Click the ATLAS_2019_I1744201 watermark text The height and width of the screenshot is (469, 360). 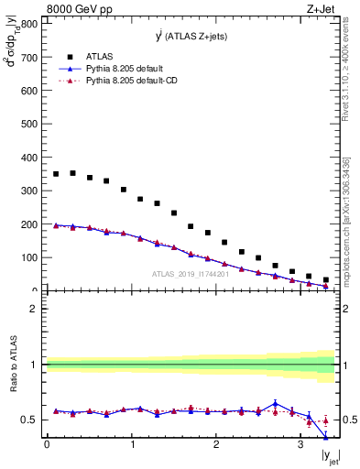pyautogui.click(x=191, y=274)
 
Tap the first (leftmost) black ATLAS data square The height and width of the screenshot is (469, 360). pyautogui.click(x=56, y=174)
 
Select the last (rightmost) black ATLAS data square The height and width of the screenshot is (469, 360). pyautogui.click(x=326, y=280)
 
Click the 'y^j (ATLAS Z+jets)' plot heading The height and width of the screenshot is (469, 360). pyautogui.click(x=191, y=36)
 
